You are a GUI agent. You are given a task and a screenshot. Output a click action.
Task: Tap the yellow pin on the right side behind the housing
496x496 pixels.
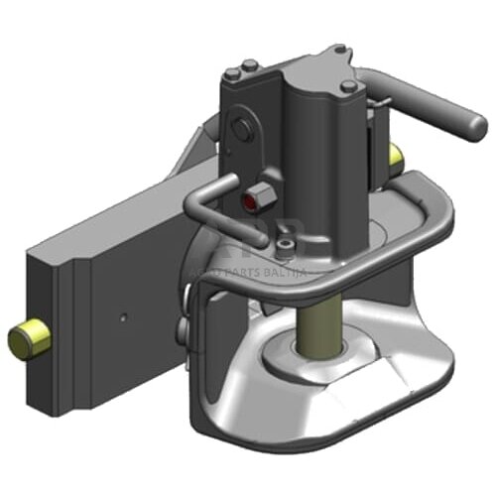coord(397,155)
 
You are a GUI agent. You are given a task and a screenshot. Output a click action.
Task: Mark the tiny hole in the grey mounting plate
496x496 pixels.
coord(122,318)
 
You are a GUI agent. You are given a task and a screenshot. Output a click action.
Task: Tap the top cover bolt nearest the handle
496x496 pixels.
coord(349,87)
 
